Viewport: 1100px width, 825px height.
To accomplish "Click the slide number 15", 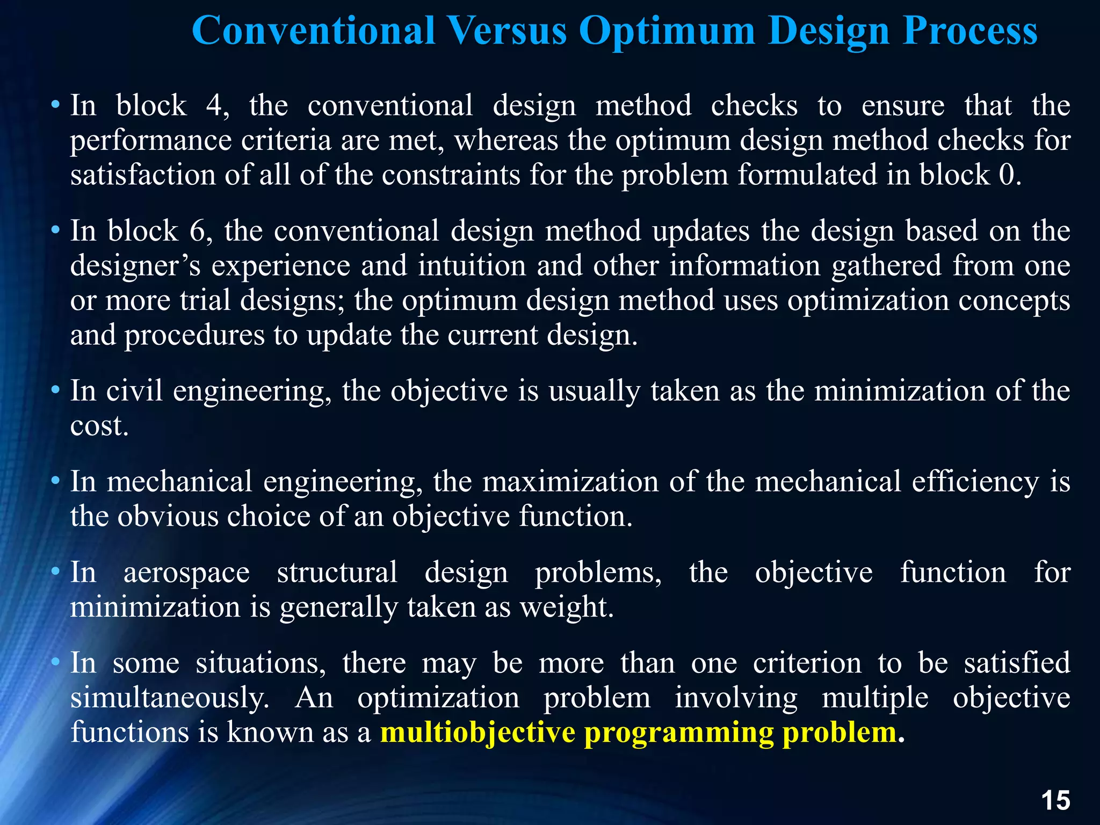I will (x=1055, y=801).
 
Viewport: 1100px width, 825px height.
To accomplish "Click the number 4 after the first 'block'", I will (x=216, y=105).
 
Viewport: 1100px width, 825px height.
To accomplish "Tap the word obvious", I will (x=168, y=517).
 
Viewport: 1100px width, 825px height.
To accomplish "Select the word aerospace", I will (x=186, y=573).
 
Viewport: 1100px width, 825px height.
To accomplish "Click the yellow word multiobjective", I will (x=477, y=733).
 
